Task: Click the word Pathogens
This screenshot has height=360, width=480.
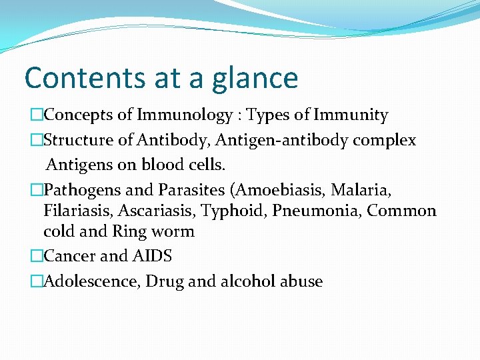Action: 83,190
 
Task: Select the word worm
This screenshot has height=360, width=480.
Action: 171,232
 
